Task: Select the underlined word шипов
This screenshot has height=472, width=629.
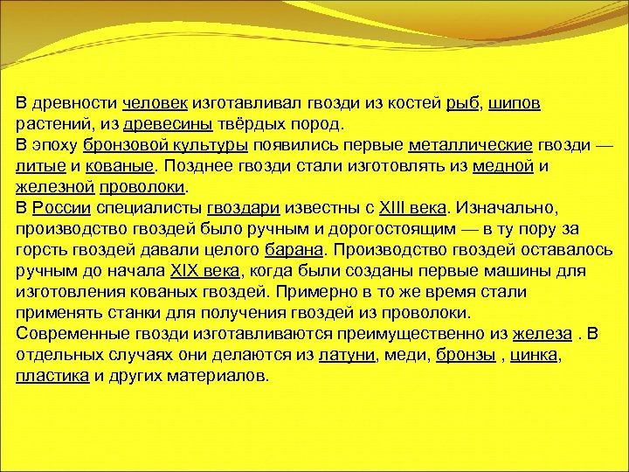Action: coord(515,104)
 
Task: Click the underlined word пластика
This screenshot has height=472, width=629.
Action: coord(52,376)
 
